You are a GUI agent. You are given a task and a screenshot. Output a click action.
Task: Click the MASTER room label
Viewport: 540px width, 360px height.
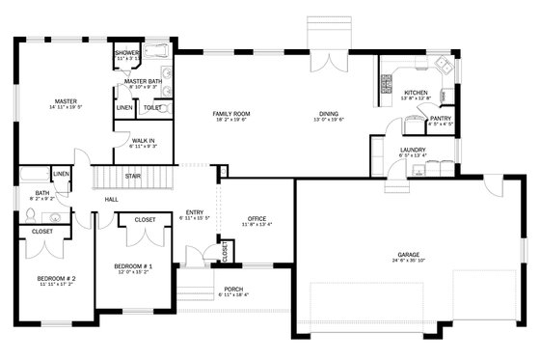(x=66, y=100)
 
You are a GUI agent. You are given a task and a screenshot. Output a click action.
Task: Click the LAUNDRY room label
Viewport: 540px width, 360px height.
(x=413, y=150)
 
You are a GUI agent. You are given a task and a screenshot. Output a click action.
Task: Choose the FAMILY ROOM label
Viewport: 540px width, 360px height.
(x=230, y=113)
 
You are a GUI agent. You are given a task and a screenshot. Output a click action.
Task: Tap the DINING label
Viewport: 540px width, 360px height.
(x=329, y=113)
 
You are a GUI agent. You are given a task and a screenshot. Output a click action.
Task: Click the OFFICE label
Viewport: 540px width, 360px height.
(x=256, y=218)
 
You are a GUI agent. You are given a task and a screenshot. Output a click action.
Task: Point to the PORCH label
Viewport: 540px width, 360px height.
(x=233, y=289)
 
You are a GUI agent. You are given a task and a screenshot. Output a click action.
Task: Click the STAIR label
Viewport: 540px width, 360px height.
(x=133, y=176)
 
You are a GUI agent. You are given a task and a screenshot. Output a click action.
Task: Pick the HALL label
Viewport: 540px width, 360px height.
(x=112, y=199)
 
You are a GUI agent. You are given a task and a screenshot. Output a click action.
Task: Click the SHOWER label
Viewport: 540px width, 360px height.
(x=127, y=53)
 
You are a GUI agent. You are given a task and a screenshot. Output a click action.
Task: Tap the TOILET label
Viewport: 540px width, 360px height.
(x=152, y=107)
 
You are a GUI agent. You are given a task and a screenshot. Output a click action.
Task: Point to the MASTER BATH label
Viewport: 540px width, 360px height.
(x=143, y=81)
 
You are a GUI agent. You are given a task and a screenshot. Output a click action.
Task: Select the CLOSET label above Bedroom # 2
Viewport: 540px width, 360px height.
(x=42, y=232)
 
